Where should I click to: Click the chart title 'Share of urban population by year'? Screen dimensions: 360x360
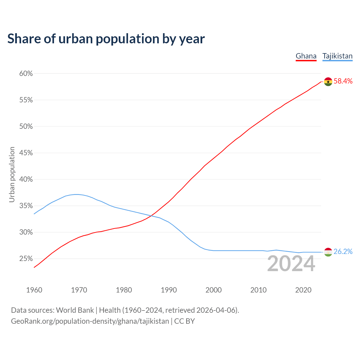106,39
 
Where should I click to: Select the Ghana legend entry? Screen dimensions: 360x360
306,56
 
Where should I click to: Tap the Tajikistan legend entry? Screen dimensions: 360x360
337,56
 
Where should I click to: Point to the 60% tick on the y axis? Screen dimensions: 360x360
26,74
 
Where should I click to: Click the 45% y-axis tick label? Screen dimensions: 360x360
26,153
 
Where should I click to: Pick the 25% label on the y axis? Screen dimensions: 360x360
26,259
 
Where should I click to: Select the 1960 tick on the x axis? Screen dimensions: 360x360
34,290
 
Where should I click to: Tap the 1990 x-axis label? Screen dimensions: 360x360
169,290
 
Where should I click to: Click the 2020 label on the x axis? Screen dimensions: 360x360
303,290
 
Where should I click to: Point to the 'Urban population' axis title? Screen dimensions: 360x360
12,174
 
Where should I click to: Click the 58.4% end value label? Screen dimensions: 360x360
343,81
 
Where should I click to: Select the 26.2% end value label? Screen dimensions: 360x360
343,252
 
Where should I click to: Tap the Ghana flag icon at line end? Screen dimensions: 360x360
328,82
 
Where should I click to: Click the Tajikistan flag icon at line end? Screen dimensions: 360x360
328,252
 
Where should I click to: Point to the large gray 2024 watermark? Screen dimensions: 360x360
291,264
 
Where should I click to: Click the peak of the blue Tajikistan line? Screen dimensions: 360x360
76,194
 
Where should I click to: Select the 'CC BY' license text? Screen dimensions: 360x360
184,321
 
